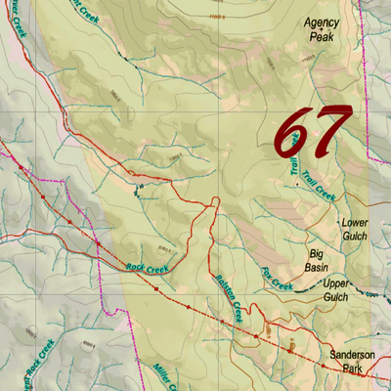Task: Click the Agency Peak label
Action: pos(322,28)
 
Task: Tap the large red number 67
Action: pos(312,130)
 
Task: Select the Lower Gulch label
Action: pos(354,230)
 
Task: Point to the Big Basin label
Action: pos(315,259)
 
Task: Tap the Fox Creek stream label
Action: pos(278,280)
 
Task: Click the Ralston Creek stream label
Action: pos(229,298)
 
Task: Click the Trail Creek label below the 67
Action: pos(319,185)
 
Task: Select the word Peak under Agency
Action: pos(322,36)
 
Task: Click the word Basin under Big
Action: pos(316,266)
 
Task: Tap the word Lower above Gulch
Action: pos(354,223)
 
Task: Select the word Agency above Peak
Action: pos(322,21)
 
